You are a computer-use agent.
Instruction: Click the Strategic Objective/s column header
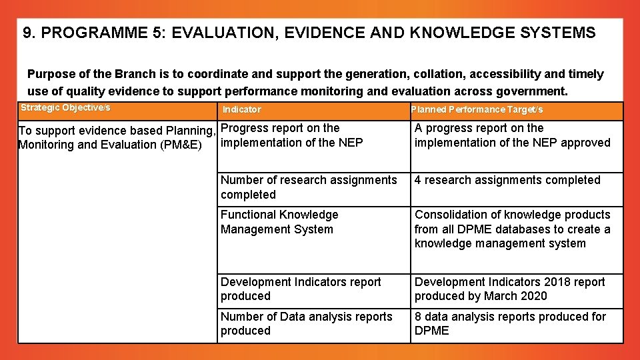pyautogui.click(x=65, y=108)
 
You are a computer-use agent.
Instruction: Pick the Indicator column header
pyautogui.click(x=241, y=109)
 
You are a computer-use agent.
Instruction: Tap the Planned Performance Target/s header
pyautogui.click(x=477, y=109)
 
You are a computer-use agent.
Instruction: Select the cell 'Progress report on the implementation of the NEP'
pyautogui.click(x=291, y=135)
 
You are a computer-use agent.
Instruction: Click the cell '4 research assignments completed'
pyautogui.click(x=507, y=180)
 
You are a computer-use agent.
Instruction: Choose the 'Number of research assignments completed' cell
pyautogui.click(x=308, y=187)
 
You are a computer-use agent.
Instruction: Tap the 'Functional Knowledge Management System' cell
pyautogui.click(x=279, y=222)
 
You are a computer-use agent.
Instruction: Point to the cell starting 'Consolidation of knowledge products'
pyautogui.click(x=512, y=229)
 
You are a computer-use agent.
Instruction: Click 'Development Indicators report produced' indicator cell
pyautogui.click(x=300, y=289)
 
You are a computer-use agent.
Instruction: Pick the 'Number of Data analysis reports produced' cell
pyautogui.click(x=306, y=323)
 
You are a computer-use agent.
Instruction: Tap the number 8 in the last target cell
pyautogui.click(x=418, y=317)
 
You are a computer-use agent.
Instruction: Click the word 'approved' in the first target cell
pyautogui.click(x=586, y=143)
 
